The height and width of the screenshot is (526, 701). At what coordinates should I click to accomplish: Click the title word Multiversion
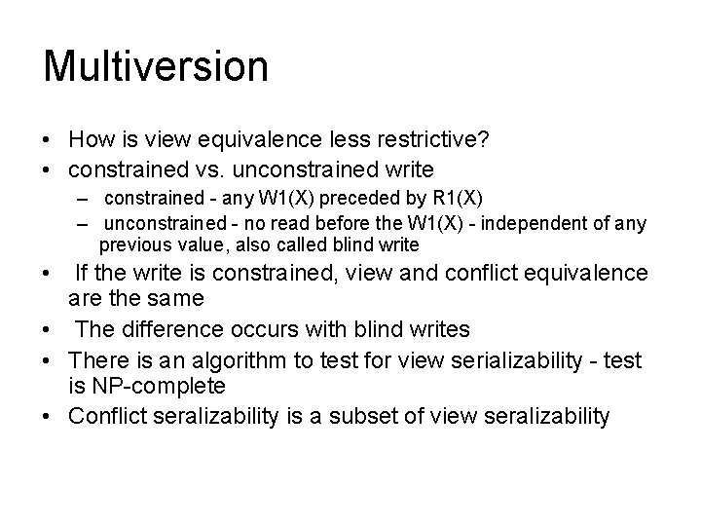click(156, 67)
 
